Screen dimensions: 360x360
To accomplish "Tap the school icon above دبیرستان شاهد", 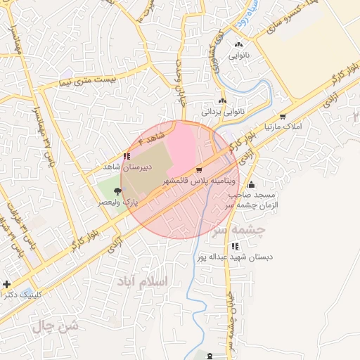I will (x=126, y=156).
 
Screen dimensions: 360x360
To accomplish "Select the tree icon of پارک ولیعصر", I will (x=127, y=191).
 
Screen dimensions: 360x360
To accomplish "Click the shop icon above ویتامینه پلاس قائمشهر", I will (x=199, y=170).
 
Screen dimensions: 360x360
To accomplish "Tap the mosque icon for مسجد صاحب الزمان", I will (x=252, y=184).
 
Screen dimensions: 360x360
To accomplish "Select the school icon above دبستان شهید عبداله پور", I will (x=235, y=246).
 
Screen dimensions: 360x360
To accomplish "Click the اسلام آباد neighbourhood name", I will (x=146, y=281).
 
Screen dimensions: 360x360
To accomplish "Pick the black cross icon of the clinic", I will (x=7, y=284).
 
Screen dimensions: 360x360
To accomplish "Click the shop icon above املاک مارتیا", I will (x=283, y=117).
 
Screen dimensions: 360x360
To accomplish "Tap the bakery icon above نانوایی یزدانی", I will (x=224, y=101).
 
